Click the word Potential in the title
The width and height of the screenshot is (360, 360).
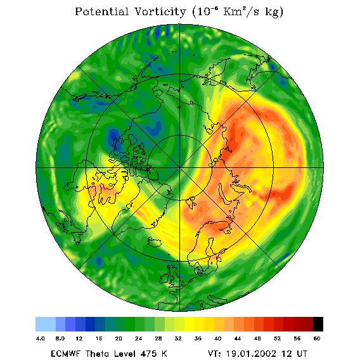pos(101,11)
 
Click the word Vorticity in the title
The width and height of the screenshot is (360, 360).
pos(160,11)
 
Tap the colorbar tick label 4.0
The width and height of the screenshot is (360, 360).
pos(40,338)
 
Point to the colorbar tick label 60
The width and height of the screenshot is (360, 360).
pos(317,338)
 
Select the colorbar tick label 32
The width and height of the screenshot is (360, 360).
pos(178,338)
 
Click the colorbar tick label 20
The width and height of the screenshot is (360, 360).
pos(119,338)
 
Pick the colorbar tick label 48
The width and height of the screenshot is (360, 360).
pos(257,338)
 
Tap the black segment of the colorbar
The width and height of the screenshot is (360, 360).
pos(318,324)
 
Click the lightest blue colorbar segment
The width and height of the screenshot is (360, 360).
pos(46,324)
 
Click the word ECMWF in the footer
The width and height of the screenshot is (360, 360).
pos(65,354)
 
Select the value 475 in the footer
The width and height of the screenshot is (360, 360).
pos(149,354)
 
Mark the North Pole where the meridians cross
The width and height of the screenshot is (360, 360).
pos(180,168)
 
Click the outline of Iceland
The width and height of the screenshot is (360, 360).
pos(154,242)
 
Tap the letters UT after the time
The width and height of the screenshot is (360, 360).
pos(301,354)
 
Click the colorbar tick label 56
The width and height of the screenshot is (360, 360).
pos(297,338)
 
